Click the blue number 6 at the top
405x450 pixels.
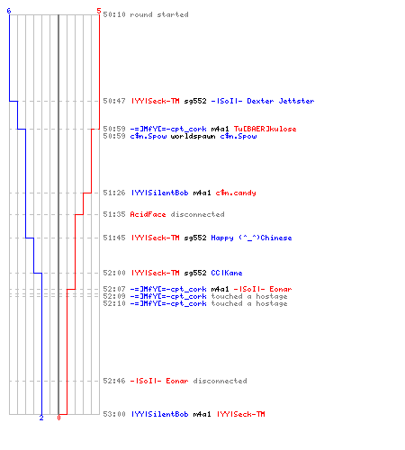(x=9, y=11)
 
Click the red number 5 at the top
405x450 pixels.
(x=99, y=11)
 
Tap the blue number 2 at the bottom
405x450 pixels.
(x=41, y=418)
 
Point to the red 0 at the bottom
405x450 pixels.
(x=58, y=418)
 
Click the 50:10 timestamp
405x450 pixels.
(x=114, y=14)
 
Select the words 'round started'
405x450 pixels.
(x=159, y=14)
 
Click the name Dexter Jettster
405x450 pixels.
(x=281, y=101)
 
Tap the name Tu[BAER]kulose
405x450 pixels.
(x=265, y=129)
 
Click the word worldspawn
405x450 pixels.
(x=193, y=136)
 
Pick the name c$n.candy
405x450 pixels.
(x=236, y=193)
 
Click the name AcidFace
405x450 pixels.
(x=148, y=214)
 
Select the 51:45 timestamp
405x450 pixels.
(x=114, y=238)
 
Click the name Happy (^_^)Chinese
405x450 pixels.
(x=251, y=238)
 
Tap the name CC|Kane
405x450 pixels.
(x=227, y=273)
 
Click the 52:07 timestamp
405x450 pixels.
(x=114, y=289)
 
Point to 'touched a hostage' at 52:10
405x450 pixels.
(x=249, y=303)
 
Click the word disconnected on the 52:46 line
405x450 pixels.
(x=220, y=381)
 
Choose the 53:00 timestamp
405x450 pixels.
(x=114, y=414)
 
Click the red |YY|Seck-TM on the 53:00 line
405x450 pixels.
(x=241, y=414)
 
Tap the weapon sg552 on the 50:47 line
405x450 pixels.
(x=195, y=101)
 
